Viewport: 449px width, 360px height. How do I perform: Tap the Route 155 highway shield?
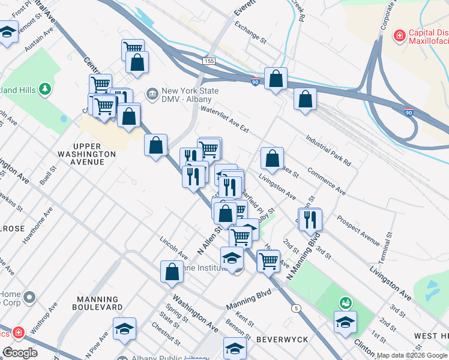[x=208, y=61]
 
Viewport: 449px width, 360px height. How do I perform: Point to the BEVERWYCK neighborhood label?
[x=282, y=340]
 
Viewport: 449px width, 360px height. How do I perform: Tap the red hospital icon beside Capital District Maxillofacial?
[x=399, y=37]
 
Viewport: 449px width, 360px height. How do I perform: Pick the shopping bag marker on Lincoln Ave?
[x=172, y=271]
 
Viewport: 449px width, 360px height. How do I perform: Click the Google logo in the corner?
[x=20, y=353]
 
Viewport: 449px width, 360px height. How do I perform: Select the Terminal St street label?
[x=388, y=248]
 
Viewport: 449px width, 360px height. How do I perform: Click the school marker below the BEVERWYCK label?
[x=235, y=348]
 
